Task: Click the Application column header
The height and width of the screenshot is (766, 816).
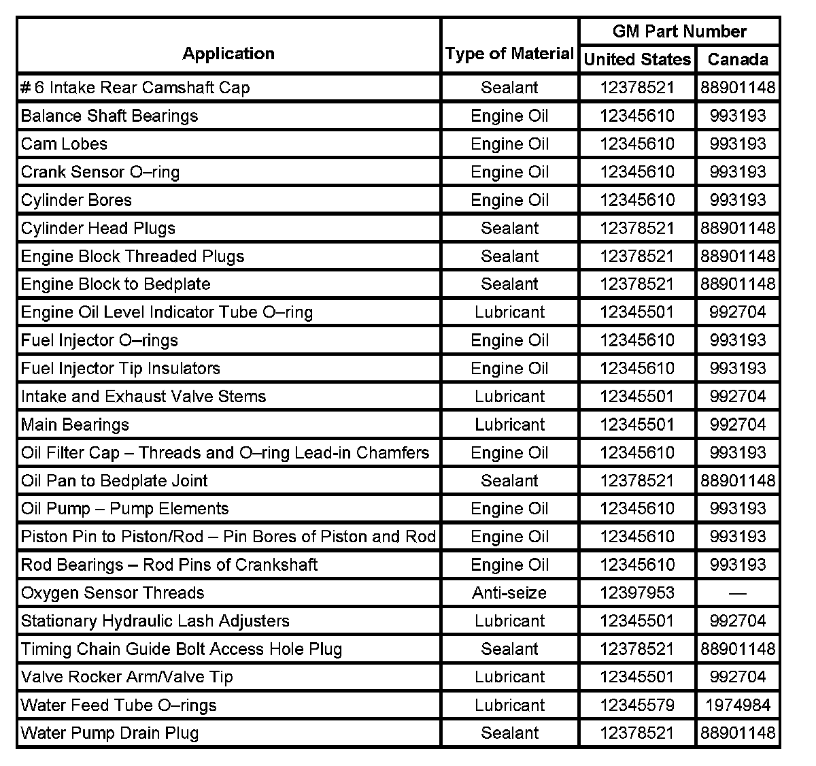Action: tap(228, 54)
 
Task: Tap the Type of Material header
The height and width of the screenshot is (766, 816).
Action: tap(509, 54)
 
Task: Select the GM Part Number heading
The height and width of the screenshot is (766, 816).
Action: tap(679, 31)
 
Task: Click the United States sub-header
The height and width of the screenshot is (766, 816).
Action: tap(637, 59)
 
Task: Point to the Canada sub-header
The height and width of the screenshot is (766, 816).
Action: tap(738, 59)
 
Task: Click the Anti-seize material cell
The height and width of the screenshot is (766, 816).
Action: tap(509, 593)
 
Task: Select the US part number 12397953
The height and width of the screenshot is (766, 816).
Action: tap(637, 593)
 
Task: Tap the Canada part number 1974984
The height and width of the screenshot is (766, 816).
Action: tap(738, 705)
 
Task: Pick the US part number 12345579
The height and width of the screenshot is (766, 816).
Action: tap(637, 705)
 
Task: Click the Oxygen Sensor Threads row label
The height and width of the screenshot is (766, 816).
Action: tap(112, 593)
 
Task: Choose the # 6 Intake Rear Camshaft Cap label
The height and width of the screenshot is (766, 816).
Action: tap(135, 88)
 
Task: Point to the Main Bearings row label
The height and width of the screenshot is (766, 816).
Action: tap(75, 424)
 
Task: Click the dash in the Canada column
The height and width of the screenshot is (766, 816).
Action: tap(738, 593)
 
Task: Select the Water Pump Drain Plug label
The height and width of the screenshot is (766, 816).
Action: tap(109, 733)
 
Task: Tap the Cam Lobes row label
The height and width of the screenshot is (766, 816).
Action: tap(64, 144)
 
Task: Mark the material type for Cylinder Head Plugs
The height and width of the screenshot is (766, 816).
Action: tap(509, 228)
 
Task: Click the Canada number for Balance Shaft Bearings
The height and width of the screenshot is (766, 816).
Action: tap(738, 116)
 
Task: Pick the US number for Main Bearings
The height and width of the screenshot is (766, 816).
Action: tap(637, 424)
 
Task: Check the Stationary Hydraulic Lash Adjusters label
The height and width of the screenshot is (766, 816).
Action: tap(155, 620)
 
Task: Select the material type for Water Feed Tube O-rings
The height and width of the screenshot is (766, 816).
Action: tap(509, 705)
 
